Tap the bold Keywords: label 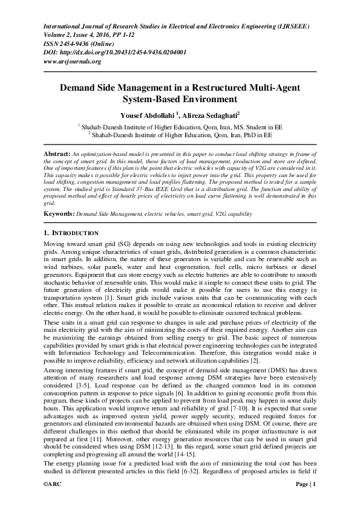(x=59, y=214)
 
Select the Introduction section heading (x=72, y=233)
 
